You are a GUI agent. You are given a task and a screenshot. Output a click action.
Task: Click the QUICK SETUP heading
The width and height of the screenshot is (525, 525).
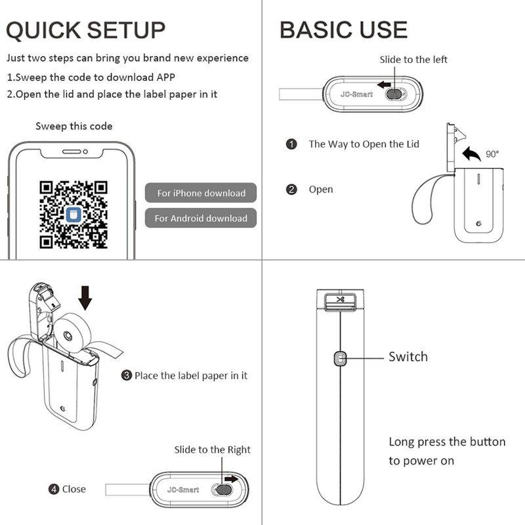pyautogui.click(x=86, y=30)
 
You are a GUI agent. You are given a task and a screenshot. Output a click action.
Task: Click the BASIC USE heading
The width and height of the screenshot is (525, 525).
pyautogui.click(x=343, y=30)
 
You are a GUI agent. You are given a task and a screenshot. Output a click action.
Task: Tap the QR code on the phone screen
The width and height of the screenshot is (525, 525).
pyautogui.click(x=73, y=215)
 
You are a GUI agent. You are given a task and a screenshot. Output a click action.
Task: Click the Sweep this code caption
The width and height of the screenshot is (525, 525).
pyautogui.click(x=73, y=126)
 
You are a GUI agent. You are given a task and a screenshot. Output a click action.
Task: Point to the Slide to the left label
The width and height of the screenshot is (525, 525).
pyautogui.click(x=413, y=60)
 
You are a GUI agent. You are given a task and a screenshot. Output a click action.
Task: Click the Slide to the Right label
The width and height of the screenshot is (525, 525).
pyautogui.click(x=212, y=450)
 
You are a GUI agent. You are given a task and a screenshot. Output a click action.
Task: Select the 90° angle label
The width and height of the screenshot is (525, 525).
pyautogui.click(x=492, y=155)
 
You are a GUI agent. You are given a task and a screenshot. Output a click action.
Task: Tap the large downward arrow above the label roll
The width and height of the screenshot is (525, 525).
pyautogui.click(x=85, y=297)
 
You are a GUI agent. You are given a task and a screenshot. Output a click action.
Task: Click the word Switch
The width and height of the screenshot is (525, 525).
pyautogui.click(x=408, y=357)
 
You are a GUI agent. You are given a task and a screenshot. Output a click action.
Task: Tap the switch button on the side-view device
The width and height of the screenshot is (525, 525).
pyautogui.click(x=340, y=358)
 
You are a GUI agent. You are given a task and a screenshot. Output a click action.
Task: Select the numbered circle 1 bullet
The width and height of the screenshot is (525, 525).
pyautogui.click(x=291, y=144)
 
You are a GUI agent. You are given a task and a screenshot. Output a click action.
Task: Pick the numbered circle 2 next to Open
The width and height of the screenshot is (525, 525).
pyautogui.click(x=291, y=190)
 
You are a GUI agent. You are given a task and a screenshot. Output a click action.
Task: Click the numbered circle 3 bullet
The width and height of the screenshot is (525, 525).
pyautogui.click(x=126, y=376)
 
